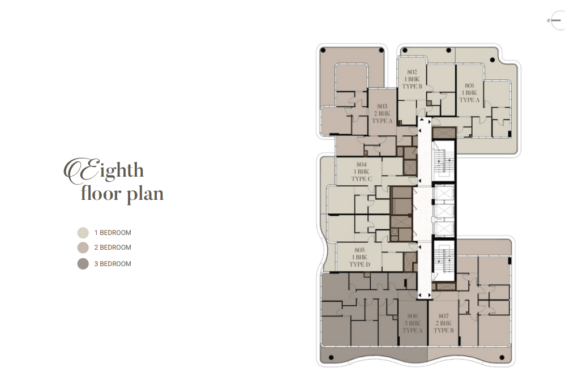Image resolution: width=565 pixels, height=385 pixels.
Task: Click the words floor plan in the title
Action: [x=122, y=194]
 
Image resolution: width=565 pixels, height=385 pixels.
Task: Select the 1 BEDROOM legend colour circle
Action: [x=83, y=233]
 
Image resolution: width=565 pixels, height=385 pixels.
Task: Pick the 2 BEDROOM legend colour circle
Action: [x=83, y=247]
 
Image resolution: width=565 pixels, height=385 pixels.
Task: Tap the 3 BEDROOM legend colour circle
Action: [x=83, y=264]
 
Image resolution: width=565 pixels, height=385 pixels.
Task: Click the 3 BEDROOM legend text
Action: [x=113, y=264]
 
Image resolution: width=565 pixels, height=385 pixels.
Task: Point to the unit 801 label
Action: [x=469, y=93]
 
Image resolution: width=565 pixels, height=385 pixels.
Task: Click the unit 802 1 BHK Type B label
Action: [x=412, y=79]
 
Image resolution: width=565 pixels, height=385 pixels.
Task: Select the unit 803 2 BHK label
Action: [x=382, y=114]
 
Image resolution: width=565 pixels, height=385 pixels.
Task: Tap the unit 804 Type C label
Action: [x=361, y=172]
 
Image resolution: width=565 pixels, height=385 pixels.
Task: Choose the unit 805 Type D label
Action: [x=359, y=257]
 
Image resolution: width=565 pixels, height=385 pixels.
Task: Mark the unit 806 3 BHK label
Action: [x=412, y=323]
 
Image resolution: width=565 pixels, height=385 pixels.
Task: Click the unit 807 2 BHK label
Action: [x=444, y=323]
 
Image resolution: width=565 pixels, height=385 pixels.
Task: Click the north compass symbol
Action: [x=555, y=20]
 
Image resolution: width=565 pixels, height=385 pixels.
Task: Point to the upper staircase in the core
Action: [x=443, y=161]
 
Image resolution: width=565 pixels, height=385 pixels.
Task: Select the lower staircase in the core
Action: [x=443, y=260]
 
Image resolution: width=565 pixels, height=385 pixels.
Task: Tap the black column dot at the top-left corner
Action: [x=323, y=50]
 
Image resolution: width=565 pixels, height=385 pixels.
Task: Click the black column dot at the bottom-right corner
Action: [x=502, y=358]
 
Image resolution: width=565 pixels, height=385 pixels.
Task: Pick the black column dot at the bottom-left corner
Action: [x=331, y=358]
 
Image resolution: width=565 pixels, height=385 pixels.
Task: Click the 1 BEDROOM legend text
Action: [x=113, y=233]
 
